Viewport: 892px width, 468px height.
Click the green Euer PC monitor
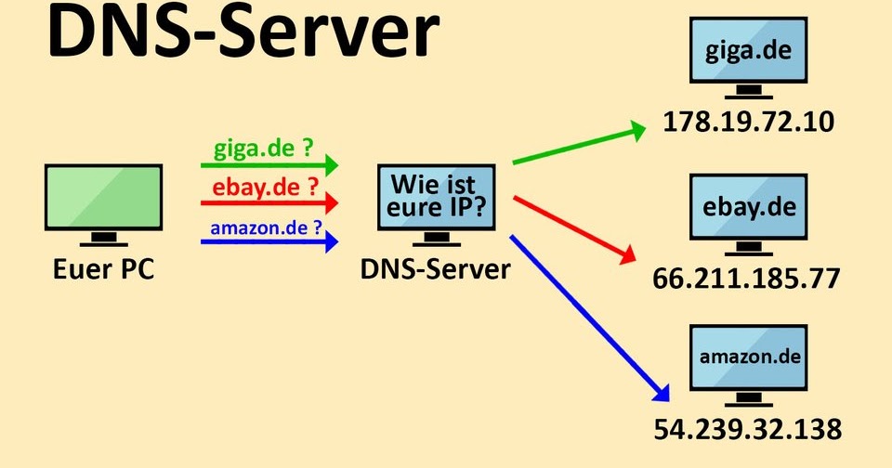pos(103,200)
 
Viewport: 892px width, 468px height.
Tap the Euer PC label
pos(103,269)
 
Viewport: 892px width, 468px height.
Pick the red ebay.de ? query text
pos(263,187)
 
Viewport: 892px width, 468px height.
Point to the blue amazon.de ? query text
pos(266,227)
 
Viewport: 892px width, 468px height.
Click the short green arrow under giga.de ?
pos(269,165)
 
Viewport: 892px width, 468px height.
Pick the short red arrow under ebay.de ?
pos(269,203)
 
